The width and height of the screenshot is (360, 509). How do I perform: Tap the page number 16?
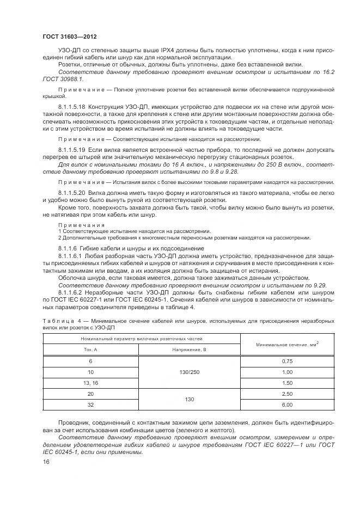(45, 462)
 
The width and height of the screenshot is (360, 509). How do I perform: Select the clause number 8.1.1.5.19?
(72, 149)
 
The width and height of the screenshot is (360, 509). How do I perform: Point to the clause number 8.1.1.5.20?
(72, 192)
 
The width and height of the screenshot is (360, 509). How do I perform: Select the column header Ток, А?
(90, 349)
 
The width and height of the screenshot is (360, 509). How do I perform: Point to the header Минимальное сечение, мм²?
(287, 344)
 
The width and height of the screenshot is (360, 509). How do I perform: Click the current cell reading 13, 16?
(90, 383)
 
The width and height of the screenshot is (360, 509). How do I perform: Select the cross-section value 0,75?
(287, 361)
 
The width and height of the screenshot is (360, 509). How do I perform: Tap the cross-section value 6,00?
(287, 404)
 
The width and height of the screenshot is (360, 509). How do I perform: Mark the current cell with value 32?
(90, 404)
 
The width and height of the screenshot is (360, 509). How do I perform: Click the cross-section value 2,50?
(287, 394)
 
